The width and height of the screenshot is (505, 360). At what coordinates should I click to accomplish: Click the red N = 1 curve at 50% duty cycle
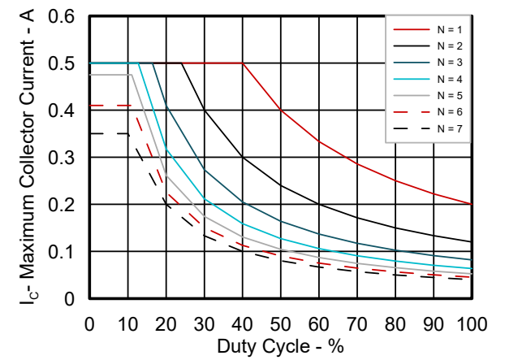(x=280, y=110)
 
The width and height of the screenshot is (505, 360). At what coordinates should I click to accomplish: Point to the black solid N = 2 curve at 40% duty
(x=242, y=157)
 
